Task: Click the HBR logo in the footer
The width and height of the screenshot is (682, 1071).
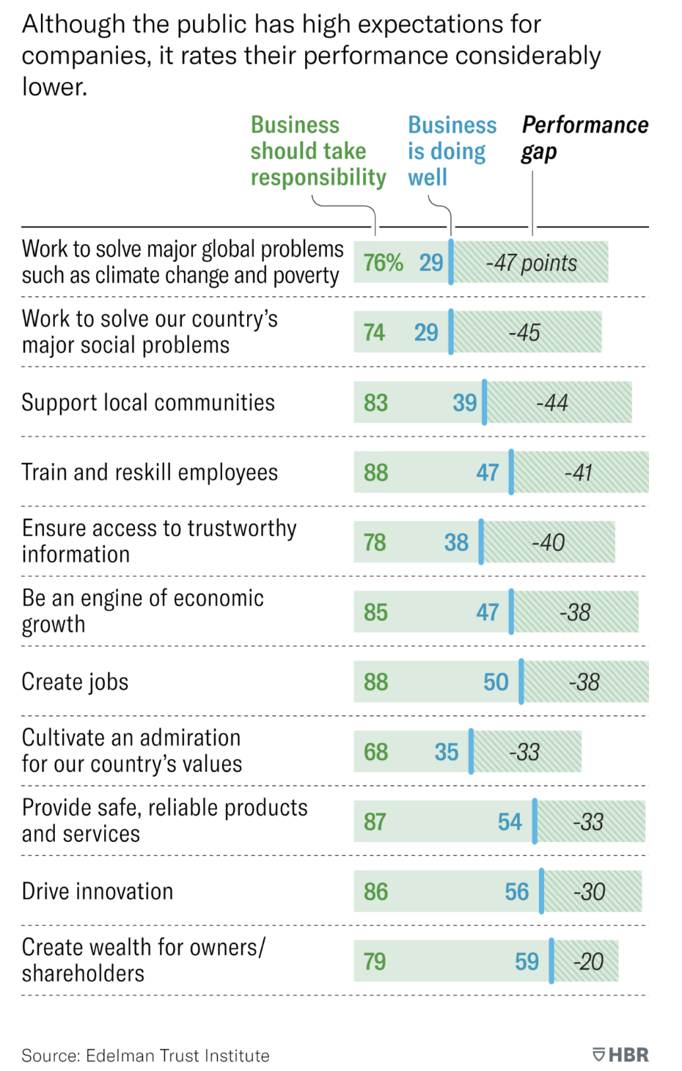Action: (620, 1055)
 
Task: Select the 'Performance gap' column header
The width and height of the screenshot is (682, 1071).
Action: (584, 138)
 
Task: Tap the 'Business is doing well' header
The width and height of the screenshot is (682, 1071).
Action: (452, 151)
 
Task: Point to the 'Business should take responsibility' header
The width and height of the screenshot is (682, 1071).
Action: (318, 151)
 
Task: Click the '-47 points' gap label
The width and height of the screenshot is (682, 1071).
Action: (532, 263)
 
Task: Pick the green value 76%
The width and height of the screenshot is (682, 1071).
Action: (383, 263)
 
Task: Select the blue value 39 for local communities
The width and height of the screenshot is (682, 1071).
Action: (464, 403)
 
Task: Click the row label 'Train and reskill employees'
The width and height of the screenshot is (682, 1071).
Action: (150, 472)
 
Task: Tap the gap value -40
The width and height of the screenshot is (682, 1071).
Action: (548, 543)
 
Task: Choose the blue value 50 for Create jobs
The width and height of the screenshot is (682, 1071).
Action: (496, 682)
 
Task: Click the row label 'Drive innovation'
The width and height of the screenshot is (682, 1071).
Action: (98, 891)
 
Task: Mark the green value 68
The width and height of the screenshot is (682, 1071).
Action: (375, 752)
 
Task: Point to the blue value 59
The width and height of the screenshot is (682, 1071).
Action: (527, 962)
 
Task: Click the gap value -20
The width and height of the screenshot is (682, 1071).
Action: (588, 962)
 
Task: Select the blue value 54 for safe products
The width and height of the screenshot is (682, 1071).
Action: (510, 822)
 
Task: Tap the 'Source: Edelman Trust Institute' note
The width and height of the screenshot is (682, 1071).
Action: (145, 1056)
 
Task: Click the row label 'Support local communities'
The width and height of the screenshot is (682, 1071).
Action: (148, 403)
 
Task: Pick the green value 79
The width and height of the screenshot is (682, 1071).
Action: (375, 962)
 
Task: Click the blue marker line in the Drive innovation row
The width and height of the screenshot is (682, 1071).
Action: (541, 891)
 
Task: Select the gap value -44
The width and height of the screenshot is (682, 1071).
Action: (552, 403)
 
